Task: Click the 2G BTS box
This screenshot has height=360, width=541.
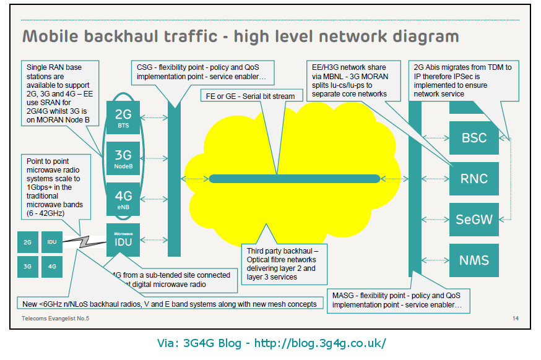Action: click(124, 117)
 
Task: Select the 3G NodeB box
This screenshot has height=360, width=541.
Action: click(124, 159)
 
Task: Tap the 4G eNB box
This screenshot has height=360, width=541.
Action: click(124, 199)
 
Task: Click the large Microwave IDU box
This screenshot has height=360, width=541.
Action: click(124, 240)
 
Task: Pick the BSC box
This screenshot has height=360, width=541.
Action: click(474, 137)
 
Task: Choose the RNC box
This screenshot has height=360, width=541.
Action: click(474, 179)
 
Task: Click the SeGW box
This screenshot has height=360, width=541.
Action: click(474, 220)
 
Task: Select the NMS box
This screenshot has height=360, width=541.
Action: click(474, 260)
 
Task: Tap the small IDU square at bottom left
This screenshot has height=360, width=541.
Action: click(52, 242)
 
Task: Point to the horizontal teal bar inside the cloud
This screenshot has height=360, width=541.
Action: click(294, 179)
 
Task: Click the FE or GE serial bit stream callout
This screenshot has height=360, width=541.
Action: click(250, 96)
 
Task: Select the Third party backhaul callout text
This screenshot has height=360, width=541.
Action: click(282, 264)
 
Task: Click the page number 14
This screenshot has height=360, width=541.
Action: click(516, 319)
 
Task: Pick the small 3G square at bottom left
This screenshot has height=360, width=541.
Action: click(28, 267)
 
